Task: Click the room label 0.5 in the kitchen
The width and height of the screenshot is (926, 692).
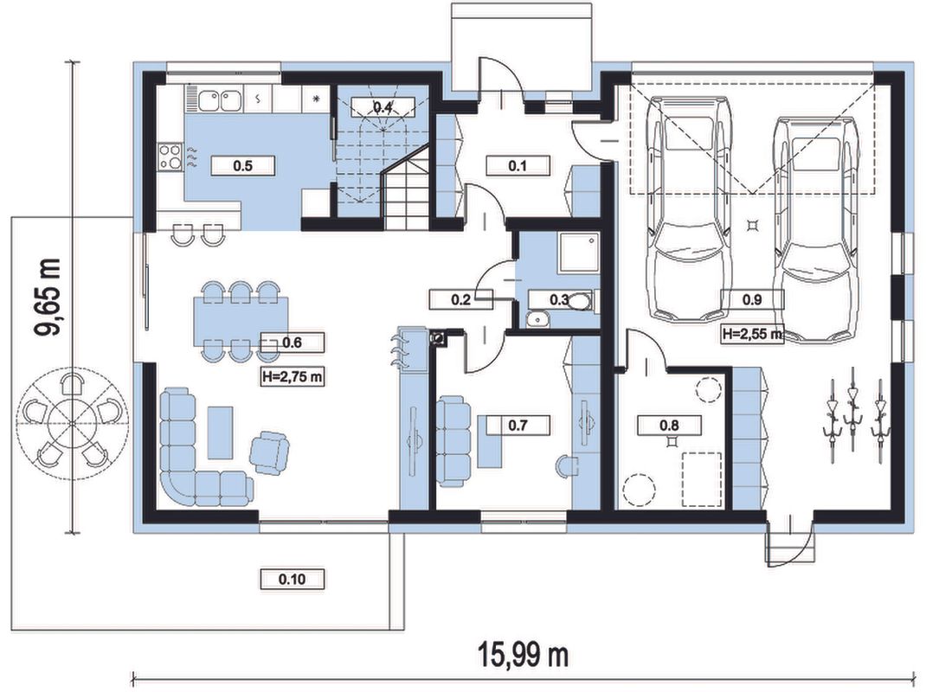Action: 242,166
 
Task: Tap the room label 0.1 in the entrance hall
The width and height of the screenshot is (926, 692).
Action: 518,166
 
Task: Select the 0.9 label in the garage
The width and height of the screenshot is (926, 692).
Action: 752,299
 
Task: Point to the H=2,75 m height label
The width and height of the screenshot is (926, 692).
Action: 293,376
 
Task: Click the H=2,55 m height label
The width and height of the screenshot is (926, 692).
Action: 752,334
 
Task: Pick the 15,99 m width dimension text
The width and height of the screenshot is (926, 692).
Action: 523,654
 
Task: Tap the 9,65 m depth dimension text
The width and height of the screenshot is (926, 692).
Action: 49,298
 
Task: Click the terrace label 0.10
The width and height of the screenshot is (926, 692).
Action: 293,580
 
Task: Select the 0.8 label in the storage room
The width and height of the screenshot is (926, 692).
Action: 669,425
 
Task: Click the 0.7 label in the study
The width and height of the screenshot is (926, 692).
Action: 518,425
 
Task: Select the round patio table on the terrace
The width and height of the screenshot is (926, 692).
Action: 72,423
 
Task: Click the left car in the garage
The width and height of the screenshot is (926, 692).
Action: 689,208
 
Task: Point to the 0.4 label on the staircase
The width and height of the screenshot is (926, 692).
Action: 383,107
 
